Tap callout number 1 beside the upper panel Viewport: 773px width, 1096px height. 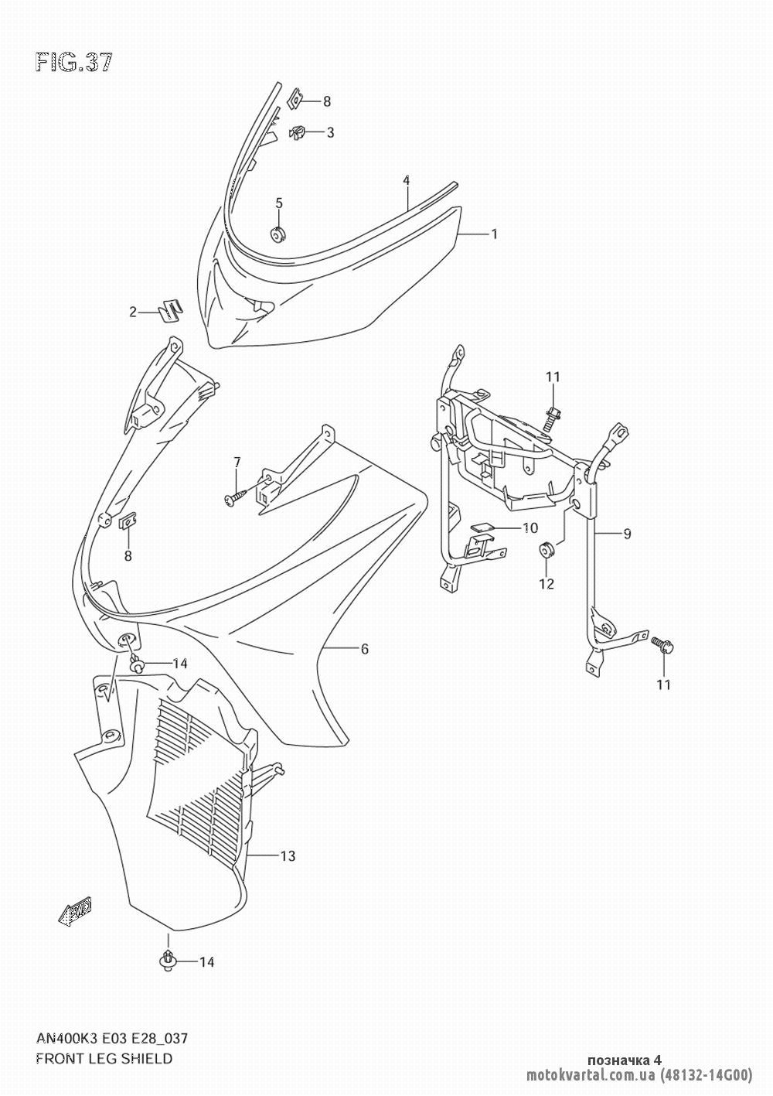(x=494, y=234)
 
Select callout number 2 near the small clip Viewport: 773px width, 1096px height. (x=133, y=312)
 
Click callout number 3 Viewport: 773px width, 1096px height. (x=331, y=132)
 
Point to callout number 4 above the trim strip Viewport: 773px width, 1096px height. (x=407, y=180)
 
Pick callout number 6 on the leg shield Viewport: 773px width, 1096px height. (x=365, y=649)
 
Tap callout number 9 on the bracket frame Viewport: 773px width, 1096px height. (x=628, y=534)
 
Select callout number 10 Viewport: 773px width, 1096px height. (x=530, y=528)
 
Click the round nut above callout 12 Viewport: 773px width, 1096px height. (x=547, y=549)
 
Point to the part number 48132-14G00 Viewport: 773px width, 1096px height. (x=707, y=1075)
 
